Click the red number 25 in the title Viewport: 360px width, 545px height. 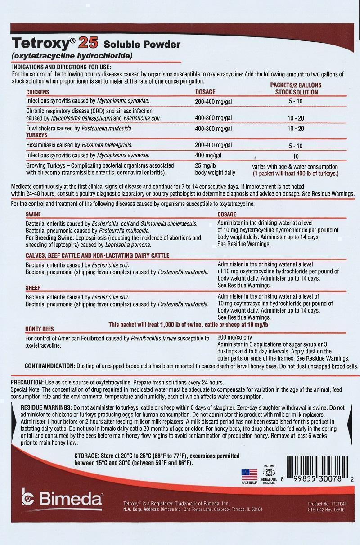tap(89, 43)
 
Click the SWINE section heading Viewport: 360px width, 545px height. tap(33, 215)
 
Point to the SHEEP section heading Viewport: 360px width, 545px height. tap(33, 288)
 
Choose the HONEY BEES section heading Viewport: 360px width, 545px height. tap(40, 329)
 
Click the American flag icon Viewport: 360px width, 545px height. tap(249, 474)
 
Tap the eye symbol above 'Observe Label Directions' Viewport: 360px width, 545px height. tap(269, 473)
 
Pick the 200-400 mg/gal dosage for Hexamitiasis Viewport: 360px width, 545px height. tap(213, 145)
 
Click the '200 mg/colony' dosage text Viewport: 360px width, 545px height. tap(234, 338)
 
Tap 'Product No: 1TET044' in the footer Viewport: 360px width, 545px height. tap(328, 504)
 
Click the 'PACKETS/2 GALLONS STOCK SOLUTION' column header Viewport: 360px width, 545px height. tap(296, 89)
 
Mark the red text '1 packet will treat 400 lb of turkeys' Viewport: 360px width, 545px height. tap(295, 173)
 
